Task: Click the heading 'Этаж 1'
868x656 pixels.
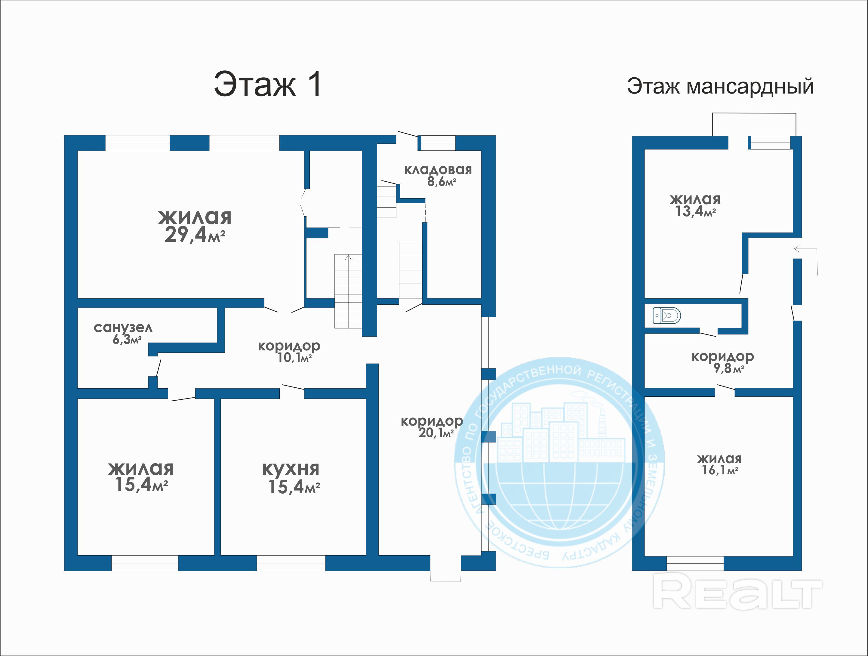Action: tap(268, 84)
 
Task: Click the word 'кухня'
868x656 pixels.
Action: tap(291, 469)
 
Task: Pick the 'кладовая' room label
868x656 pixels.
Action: tap(438, 170)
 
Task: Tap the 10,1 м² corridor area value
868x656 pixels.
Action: tap(295, 357)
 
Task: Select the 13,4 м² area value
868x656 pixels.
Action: tap(695, 212)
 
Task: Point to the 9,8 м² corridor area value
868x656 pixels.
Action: tap(729, 368)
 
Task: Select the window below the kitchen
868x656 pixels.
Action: tap(291, 563)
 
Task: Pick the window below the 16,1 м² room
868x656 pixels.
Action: tap(695, 563)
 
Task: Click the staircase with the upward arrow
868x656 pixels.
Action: tap(348, 291)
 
